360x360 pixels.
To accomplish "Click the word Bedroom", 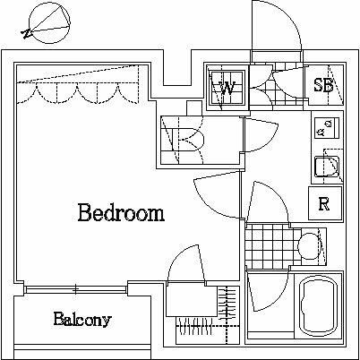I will pos(120,214).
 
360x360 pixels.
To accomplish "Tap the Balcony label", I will pos(81,319).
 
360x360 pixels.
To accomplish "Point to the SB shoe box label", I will pos(323,85).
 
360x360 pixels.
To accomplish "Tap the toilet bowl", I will pos(310,243).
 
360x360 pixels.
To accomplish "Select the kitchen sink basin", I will pos(323,166).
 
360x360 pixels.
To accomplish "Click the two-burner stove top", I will pos(323,128).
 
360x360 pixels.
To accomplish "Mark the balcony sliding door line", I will pos(76,288).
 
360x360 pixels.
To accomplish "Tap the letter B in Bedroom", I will pos(84,214).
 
